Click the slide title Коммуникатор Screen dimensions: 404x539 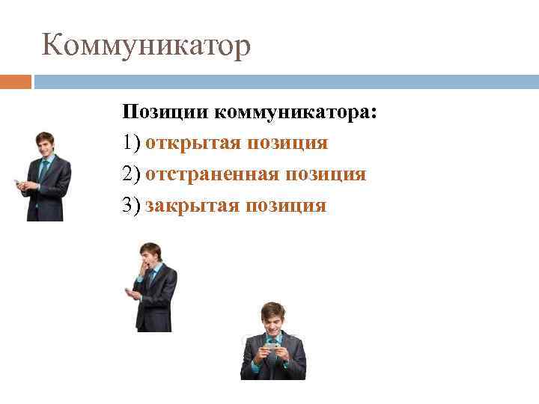tap(146, 46)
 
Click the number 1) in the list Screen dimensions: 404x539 tap(132, 143)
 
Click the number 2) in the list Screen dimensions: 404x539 tap(132, 174)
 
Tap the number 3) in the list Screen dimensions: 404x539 tap(132, 205)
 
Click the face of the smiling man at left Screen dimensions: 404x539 tap(46, 145)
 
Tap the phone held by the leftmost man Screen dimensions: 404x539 tap(18, 183)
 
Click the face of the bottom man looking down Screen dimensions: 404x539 tap(272, 322)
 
